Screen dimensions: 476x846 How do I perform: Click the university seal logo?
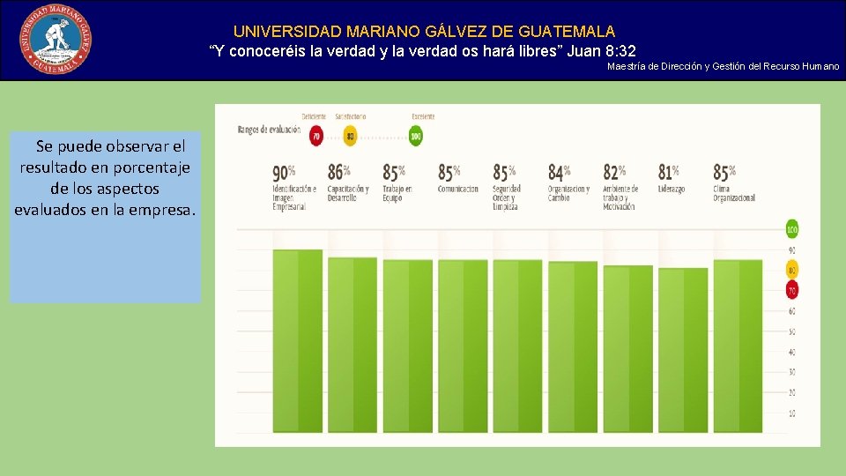pyautogui.click(x=56, y=39)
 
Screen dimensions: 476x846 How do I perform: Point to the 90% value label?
pyautogui.click(x=284, y=171)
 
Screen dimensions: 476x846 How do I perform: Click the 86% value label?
pyautogui.click(x=339, y=171)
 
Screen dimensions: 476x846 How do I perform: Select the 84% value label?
pyautogui.click(x=560, y=171)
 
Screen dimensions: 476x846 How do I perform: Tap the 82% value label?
pyautogui.click(x=614, y=171)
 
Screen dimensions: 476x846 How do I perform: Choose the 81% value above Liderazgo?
pyautogui.click(x=670, y=171)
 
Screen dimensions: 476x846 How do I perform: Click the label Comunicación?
pyautogui.click(x=458, y=189)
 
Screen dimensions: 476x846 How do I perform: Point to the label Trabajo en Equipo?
pyautogui.click(x=397, y=193)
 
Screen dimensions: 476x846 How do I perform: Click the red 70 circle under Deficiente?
pyautogui.click(x=315, y=137)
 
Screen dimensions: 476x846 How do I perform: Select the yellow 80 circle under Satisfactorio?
pyautogui.click(x=350, y=137)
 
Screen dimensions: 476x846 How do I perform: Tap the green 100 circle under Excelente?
pyautogui.click(x=416, y=137)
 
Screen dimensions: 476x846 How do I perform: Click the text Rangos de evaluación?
pyautogui.click(x=268, y=130)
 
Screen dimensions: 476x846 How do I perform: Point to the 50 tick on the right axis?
pyautogui.click(x=792, y=331)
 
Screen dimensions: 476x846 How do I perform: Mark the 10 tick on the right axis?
pyautogui.click(x=792, y=413)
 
